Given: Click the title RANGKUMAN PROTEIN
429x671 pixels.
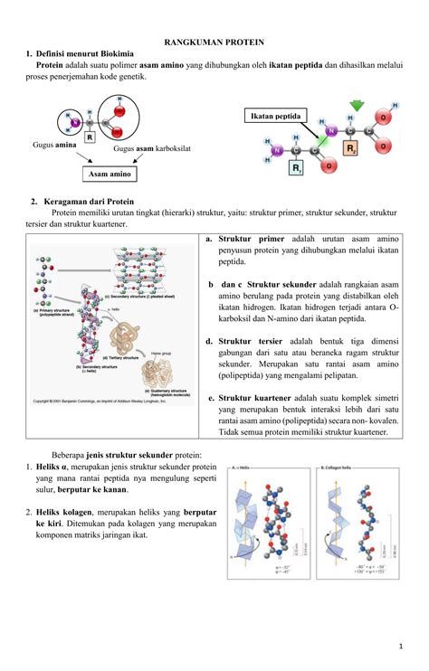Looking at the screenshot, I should (x=214, y=42).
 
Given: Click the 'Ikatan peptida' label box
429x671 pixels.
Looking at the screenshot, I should (x=277, y=117).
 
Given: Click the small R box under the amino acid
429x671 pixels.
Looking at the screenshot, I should (x=89, y=138).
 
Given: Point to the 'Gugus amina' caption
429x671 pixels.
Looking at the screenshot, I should (x=53, y=145).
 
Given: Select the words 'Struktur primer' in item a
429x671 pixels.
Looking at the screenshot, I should (x=251, y=237).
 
